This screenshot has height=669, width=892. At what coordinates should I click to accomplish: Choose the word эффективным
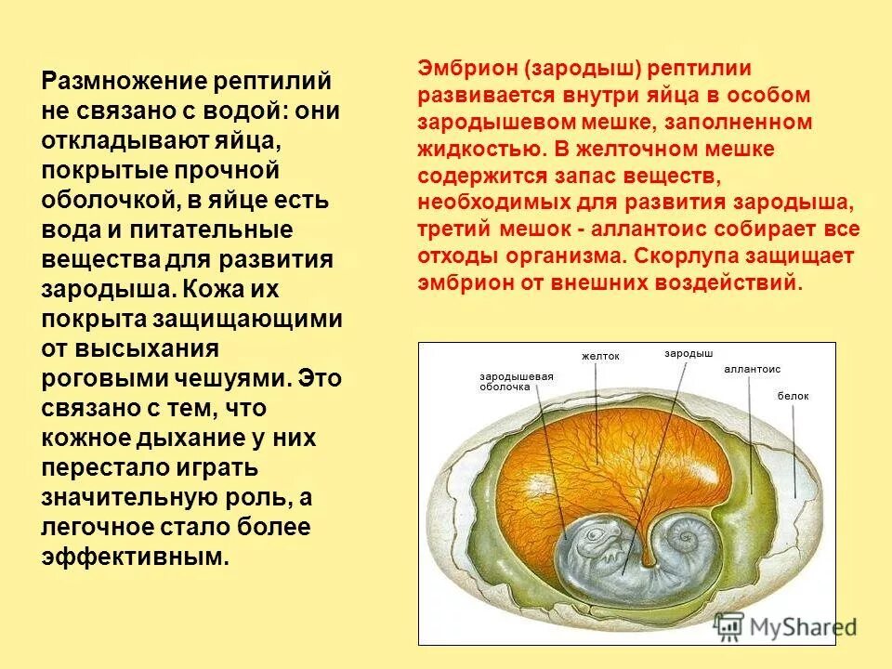click(x=134, y=557)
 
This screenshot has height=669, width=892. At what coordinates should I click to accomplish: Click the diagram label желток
click(x=599, y=356)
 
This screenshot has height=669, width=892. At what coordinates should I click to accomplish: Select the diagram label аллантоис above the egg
click(x=752, y=369)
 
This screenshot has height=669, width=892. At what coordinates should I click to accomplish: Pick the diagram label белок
click(x=794, y=396)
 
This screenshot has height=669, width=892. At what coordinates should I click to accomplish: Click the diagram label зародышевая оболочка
click(x=516, y=381)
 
